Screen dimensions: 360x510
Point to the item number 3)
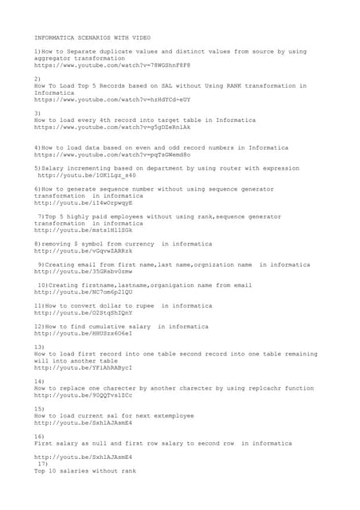click(x=37, y=113)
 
